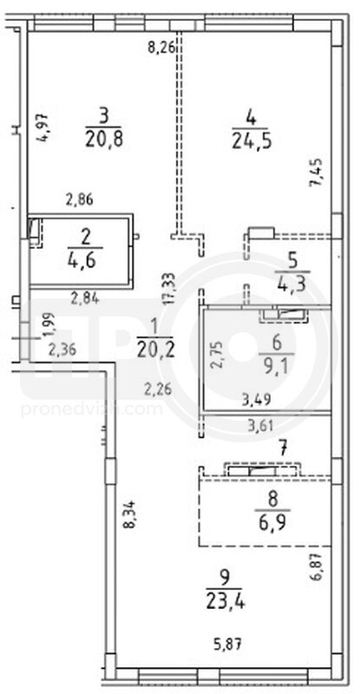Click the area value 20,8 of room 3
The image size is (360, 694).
[103, 141]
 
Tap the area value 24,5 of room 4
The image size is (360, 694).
[251, 141]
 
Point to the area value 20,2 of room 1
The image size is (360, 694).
[154, 351]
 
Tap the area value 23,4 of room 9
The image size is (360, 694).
[226, 601]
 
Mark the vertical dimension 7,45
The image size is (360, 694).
[319, 173]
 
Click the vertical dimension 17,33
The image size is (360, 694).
[170, 288]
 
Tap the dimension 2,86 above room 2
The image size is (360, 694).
[79, 200]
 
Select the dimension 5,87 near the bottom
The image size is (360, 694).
[228, 644]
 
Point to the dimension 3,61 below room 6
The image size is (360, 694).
[258, 426]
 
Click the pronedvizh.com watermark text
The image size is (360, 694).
[92, 409]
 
